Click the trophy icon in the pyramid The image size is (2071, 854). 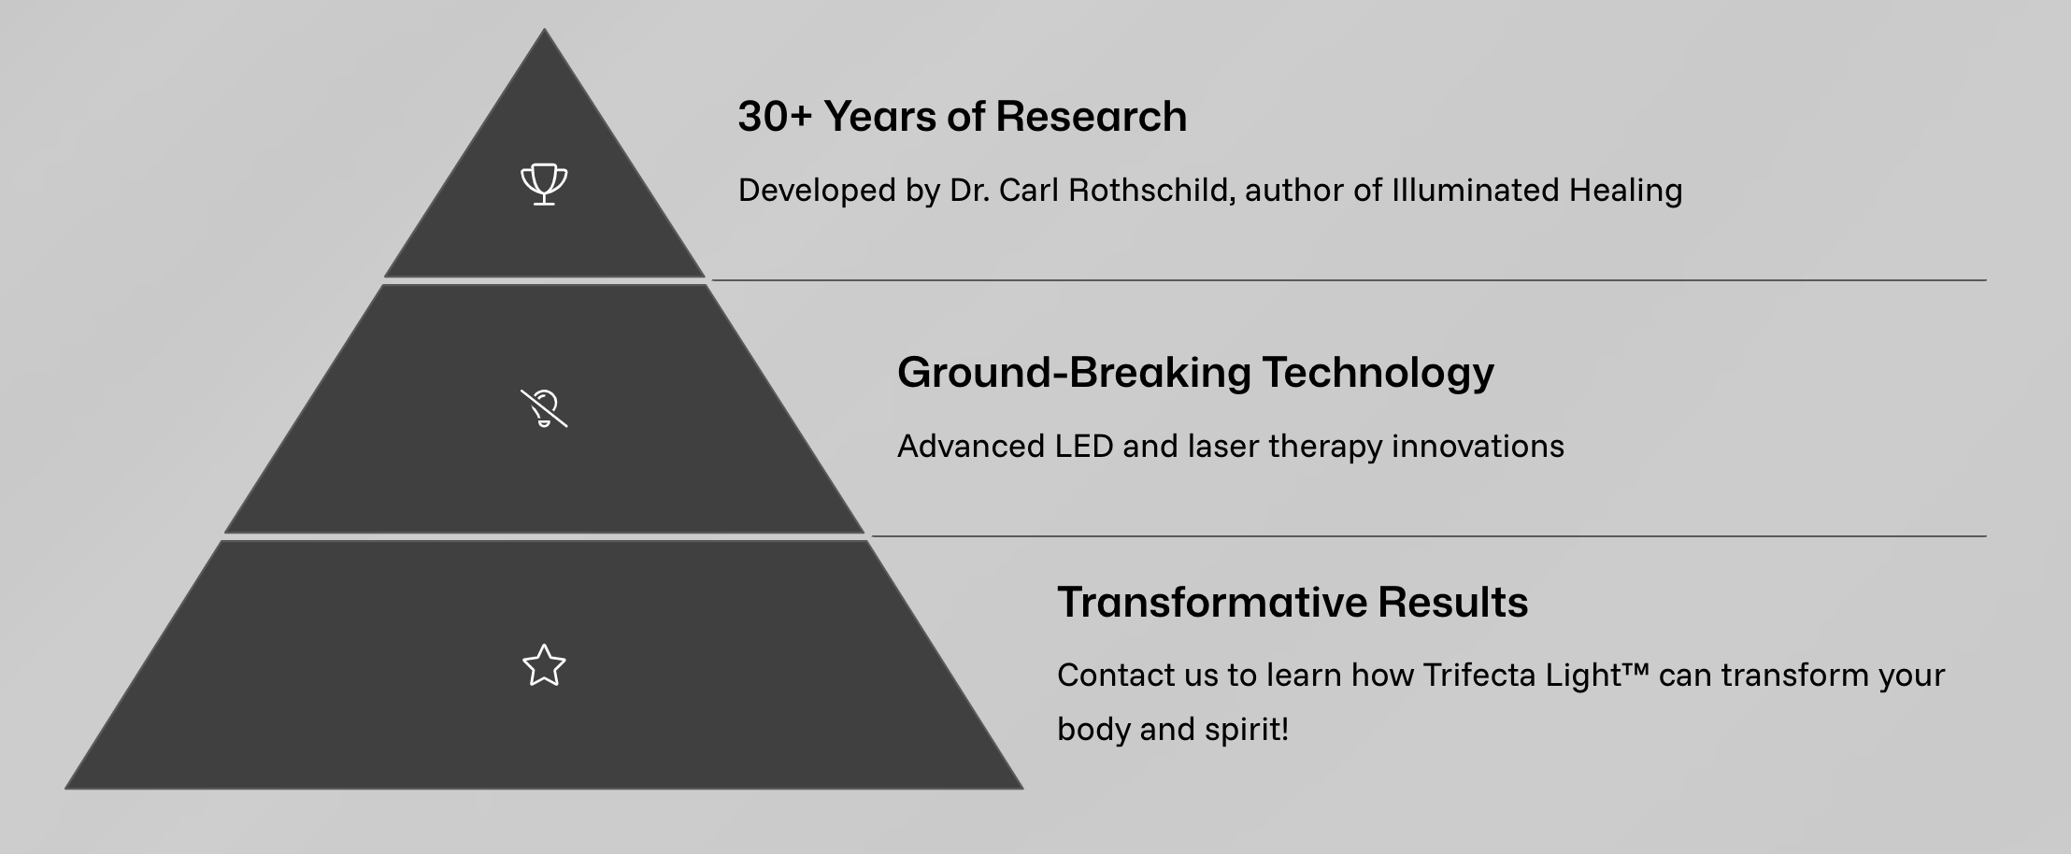(x=544, y=184)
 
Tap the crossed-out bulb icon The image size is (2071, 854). (x=544, y=408)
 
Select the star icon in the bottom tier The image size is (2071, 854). (x=544, y=666)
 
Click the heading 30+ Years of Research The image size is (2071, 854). (x=962, y=117)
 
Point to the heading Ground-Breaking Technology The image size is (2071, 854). (x=1195, y=373)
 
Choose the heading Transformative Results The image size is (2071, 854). (x=1293, y=603)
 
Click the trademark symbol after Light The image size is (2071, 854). (x=1636, y=669)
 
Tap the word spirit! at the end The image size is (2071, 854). (x=1247, y=730)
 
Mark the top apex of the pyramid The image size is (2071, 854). (x=544, y=29)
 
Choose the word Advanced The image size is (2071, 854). (x=971, y=447)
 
